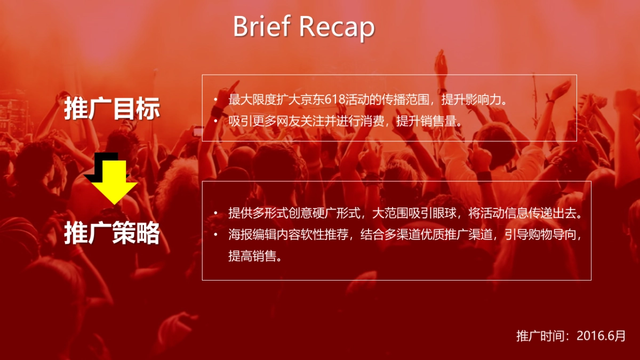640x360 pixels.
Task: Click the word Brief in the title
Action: (x=261, y=27)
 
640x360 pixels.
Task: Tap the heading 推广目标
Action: (x=112, y=108)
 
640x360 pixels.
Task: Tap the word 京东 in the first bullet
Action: (x=305, y=100)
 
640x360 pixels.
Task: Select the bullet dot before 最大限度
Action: (x=215, y=100)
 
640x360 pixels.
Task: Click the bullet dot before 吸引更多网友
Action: (x=215, y=121)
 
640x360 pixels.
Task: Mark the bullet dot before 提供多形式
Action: (x=215, y=213)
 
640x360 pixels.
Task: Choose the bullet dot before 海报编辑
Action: (x=215, y=235)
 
